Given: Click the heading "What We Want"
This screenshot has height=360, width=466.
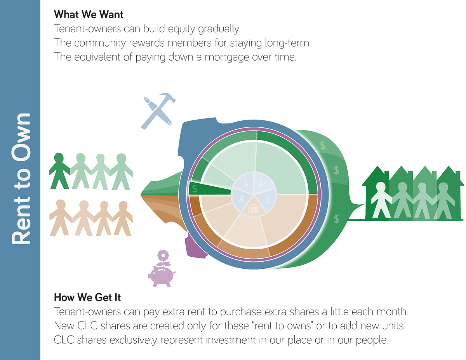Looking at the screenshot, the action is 89,14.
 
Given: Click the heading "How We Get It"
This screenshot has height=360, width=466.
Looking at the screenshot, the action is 87,297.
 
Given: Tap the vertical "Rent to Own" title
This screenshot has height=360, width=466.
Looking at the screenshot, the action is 21,179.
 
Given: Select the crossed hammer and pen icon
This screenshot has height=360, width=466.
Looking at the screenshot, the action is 158,111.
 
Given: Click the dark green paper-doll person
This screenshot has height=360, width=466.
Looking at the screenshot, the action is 60,170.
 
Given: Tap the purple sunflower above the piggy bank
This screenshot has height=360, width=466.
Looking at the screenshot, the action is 163,256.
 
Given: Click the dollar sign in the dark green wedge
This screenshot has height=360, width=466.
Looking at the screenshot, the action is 195,189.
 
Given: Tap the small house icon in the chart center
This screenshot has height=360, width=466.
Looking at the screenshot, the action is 254,209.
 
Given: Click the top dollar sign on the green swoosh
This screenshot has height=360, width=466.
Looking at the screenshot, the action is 323,146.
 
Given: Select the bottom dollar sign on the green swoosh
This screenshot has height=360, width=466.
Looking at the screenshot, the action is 337,219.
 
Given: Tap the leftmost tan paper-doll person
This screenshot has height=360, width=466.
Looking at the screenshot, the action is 61,217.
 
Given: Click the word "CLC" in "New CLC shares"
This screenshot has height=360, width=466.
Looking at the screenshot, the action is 87,326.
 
